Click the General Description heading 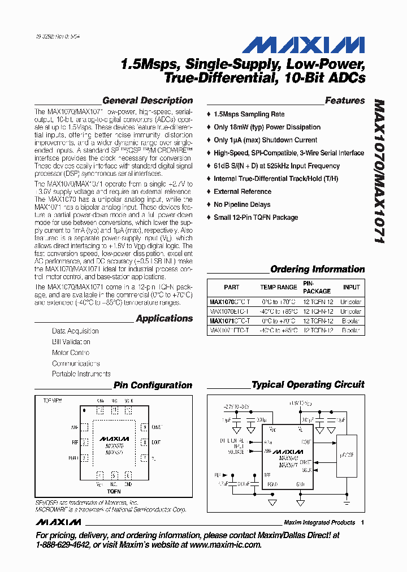[x=148, y=101]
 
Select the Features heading [x=345, y=101]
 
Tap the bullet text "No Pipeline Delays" [x=242, y=205]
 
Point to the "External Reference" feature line [x=242, y=192]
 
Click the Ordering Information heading [x=317, y=269]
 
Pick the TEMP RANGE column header [x=278, y=287]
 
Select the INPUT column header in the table [x=351, y=287]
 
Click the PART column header [x=231, y=287]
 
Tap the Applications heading [x=164, y=318]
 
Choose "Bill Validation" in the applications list [x=71, y=342]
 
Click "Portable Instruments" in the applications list [x=81, y=374]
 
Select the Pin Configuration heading [x=153, y=385]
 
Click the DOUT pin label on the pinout [x=157, y=442]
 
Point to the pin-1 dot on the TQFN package [x=84, y=409]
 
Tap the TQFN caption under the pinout [x=114, y=492]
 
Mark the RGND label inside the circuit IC [x=272, y=484]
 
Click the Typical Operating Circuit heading [x=308, y=385]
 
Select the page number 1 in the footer [x=362, y=522]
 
